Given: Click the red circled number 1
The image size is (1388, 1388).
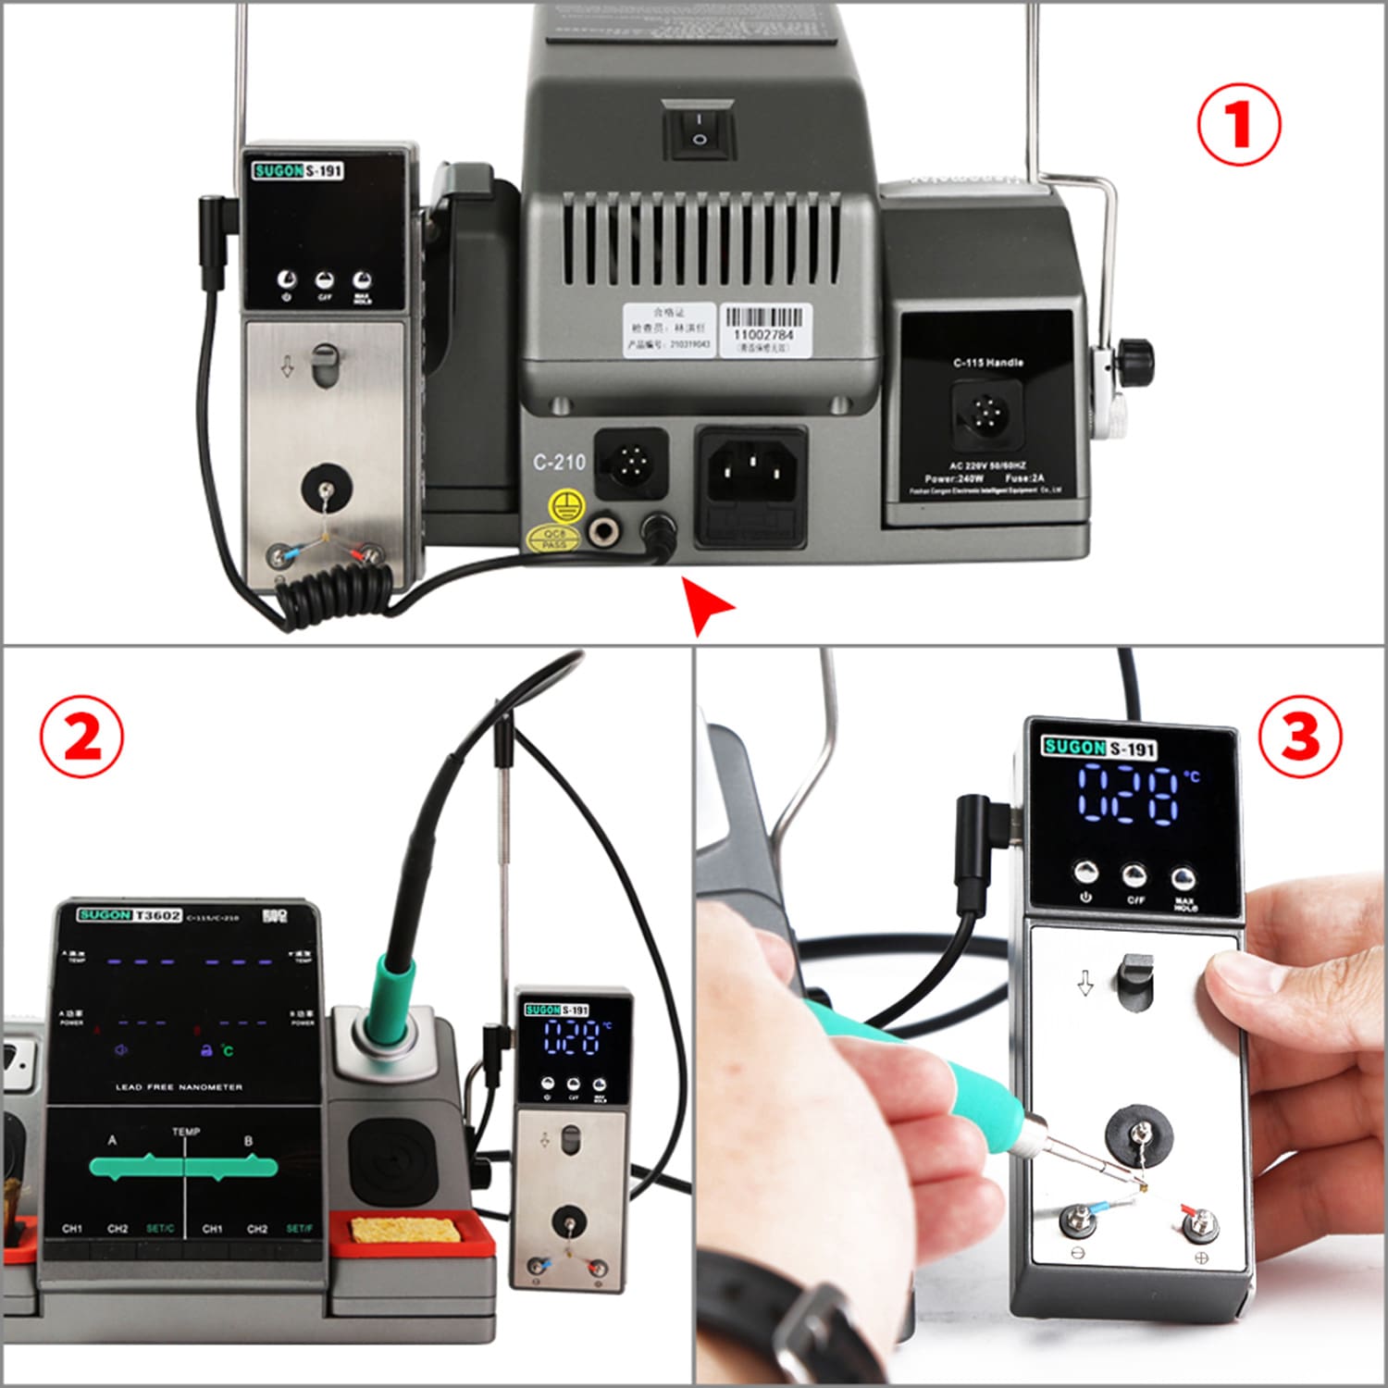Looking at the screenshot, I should click(x=1239, y=124).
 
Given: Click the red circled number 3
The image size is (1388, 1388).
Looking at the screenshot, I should click(x=1299, y=737).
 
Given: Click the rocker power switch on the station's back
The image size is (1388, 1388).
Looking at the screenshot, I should click(x=700, y=129).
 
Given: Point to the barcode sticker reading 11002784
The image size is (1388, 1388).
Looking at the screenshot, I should click(x=763, y=328).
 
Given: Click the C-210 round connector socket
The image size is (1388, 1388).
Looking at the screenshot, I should click(x=631, y=460).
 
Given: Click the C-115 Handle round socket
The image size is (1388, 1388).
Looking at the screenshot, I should click(x=986, y=414).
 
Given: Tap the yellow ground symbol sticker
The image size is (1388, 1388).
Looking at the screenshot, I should click(x=566, y=506).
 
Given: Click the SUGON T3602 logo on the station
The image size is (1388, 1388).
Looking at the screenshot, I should click(x=130, y=915).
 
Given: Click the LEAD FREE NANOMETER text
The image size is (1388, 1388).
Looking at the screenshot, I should click(x=179, y=1087).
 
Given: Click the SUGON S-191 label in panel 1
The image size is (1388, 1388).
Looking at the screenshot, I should click(x=298, y=170).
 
